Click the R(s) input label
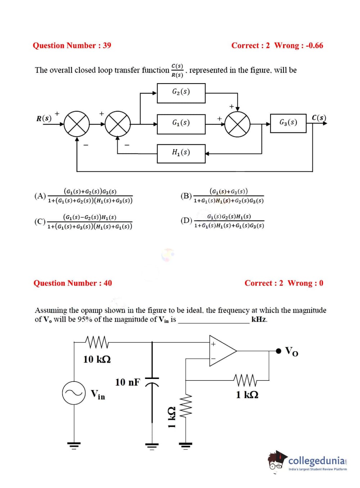point(44,118)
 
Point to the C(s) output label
point(319,118)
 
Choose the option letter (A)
point(40,196)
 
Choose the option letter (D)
point(186,221)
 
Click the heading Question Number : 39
point(72,45)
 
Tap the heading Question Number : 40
point(73,283)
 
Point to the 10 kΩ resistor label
point(97,359)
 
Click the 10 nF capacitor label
point(127,382)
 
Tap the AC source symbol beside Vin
point(74,393)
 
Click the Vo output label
point(291,351)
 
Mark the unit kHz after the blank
point(259,320)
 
